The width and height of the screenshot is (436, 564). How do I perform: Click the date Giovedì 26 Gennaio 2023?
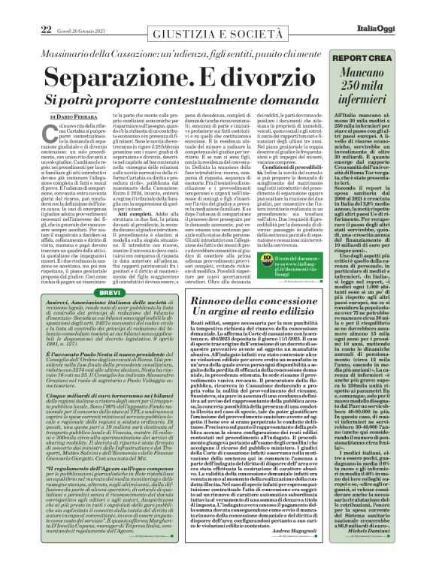pyautogui.click(x=71, y=29)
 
